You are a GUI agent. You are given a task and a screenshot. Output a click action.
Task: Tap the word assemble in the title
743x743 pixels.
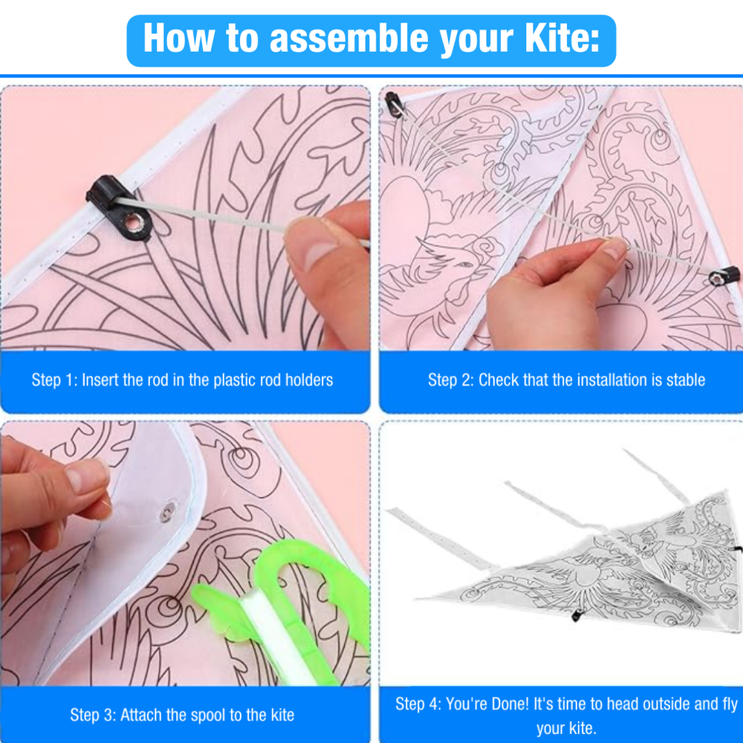349,38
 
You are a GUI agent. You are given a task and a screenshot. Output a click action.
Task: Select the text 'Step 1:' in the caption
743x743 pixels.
54,380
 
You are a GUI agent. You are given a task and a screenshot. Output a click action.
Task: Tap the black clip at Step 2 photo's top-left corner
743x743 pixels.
395,104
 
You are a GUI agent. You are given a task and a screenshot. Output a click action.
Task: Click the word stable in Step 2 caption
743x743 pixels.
686,380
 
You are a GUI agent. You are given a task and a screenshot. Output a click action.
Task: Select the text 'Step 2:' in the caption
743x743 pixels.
451,380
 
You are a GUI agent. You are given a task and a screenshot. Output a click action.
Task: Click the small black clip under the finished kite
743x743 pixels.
577,615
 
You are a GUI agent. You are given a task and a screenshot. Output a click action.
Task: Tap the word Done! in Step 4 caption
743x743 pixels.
507,704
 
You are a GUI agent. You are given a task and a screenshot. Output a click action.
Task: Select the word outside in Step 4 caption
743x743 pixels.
664,704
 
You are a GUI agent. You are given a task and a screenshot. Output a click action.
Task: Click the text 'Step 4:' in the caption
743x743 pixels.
418,704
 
